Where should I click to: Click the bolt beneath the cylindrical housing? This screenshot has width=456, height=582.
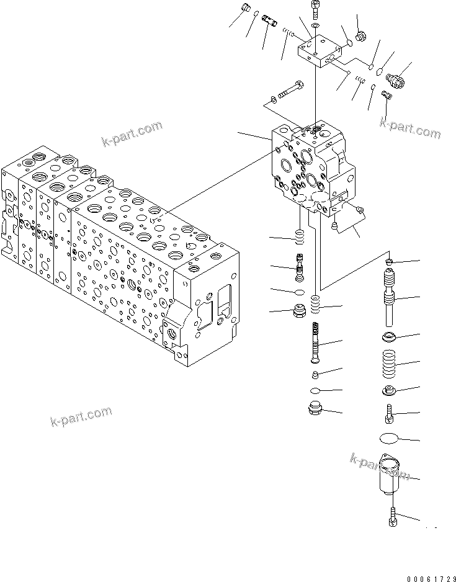click(x=392, y=516)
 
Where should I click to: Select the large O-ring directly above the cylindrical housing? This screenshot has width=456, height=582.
click(x=390, y=439)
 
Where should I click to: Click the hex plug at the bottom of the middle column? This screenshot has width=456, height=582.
click(x=314, y=410)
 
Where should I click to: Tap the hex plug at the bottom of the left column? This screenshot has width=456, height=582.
click(x=300, y=310)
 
